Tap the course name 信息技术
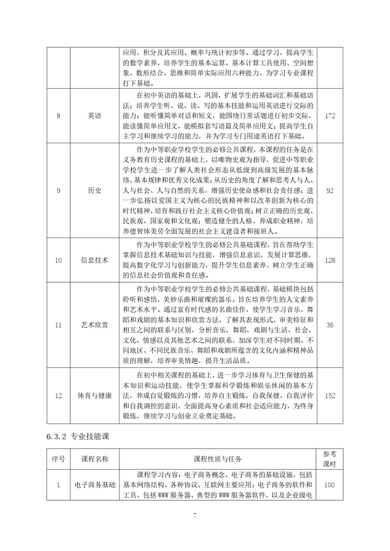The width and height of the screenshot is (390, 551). click(95, 260)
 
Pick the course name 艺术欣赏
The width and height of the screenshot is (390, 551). click(95, 325)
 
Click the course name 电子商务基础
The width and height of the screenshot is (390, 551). click(95, 485)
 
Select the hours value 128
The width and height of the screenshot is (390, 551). click(330, 260)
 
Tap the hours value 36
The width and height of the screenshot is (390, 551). click(330, 325)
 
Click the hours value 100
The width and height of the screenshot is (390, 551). click(330, 485)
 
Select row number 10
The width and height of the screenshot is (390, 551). click(58, 260)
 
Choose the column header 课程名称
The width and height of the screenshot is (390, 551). click(95, 459)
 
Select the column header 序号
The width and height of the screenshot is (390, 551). click(58, 459)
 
